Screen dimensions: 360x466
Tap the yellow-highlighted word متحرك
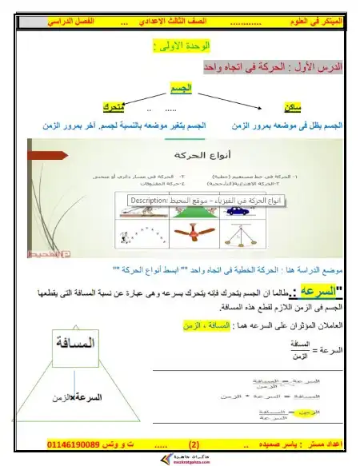tap(113, 107)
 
